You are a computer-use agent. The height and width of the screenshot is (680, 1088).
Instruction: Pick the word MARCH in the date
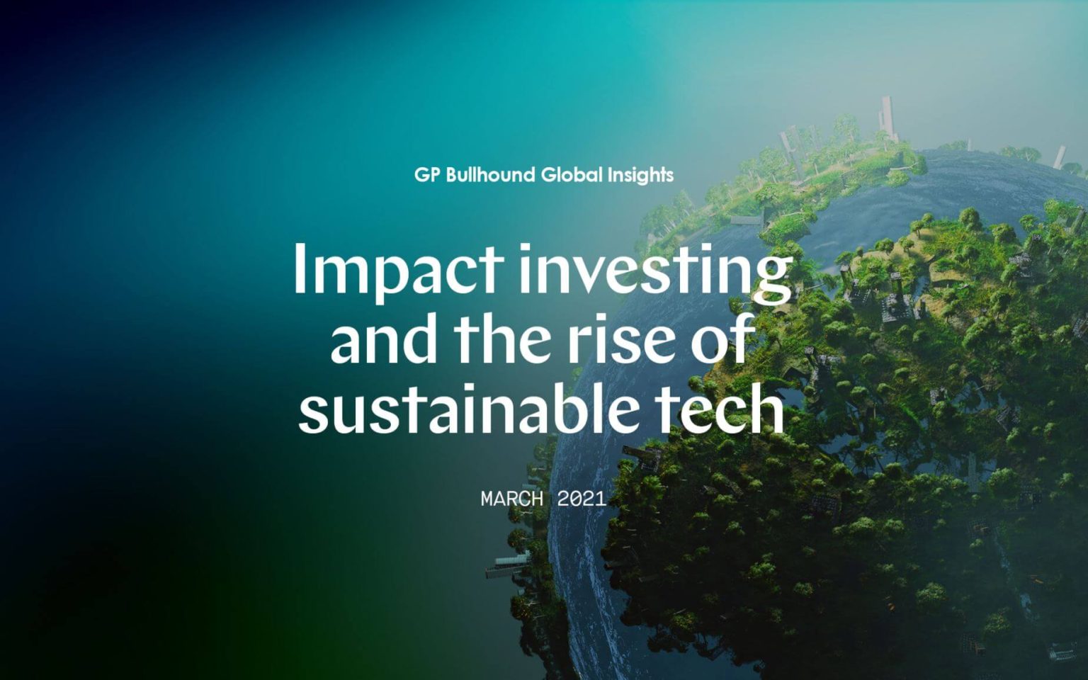pyautogui.click(x=512, y=499)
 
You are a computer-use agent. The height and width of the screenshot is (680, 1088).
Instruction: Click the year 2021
pyautogui.click(x=582, y=499)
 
